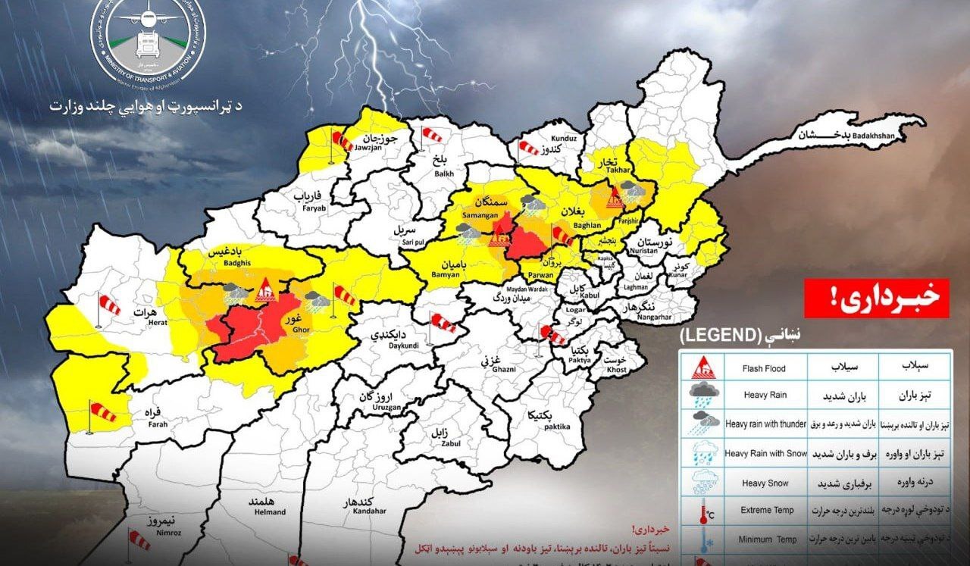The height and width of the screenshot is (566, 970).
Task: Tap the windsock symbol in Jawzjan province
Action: click(x=342, y=142)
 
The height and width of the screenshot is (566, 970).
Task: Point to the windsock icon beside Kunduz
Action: click(x=528, y=147)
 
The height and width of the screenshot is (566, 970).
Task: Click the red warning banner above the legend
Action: click(x=877, y=299)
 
